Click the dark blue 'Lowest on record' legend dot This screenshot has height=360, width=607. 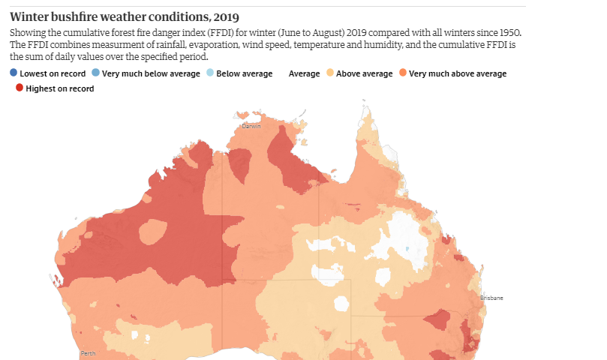14,73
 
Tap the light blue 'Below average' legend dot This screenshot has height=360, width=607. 209,73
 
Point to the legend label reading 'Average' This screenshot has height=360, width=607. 304,73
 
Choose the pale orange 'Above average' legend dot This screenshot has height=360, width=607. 329,73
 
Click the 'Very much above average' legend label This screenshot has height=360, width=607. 458,73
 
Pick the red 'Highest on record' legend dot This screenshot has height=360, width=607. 20,88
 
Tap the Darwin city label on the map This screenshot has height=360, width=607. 251,126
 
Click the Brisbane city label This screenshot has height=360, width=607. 491,298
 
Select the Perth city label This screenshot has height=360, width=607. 89,352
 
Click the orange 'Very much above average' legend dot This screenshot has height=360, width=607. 403,73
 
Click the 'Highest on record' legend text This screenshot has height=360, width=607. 59,88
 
